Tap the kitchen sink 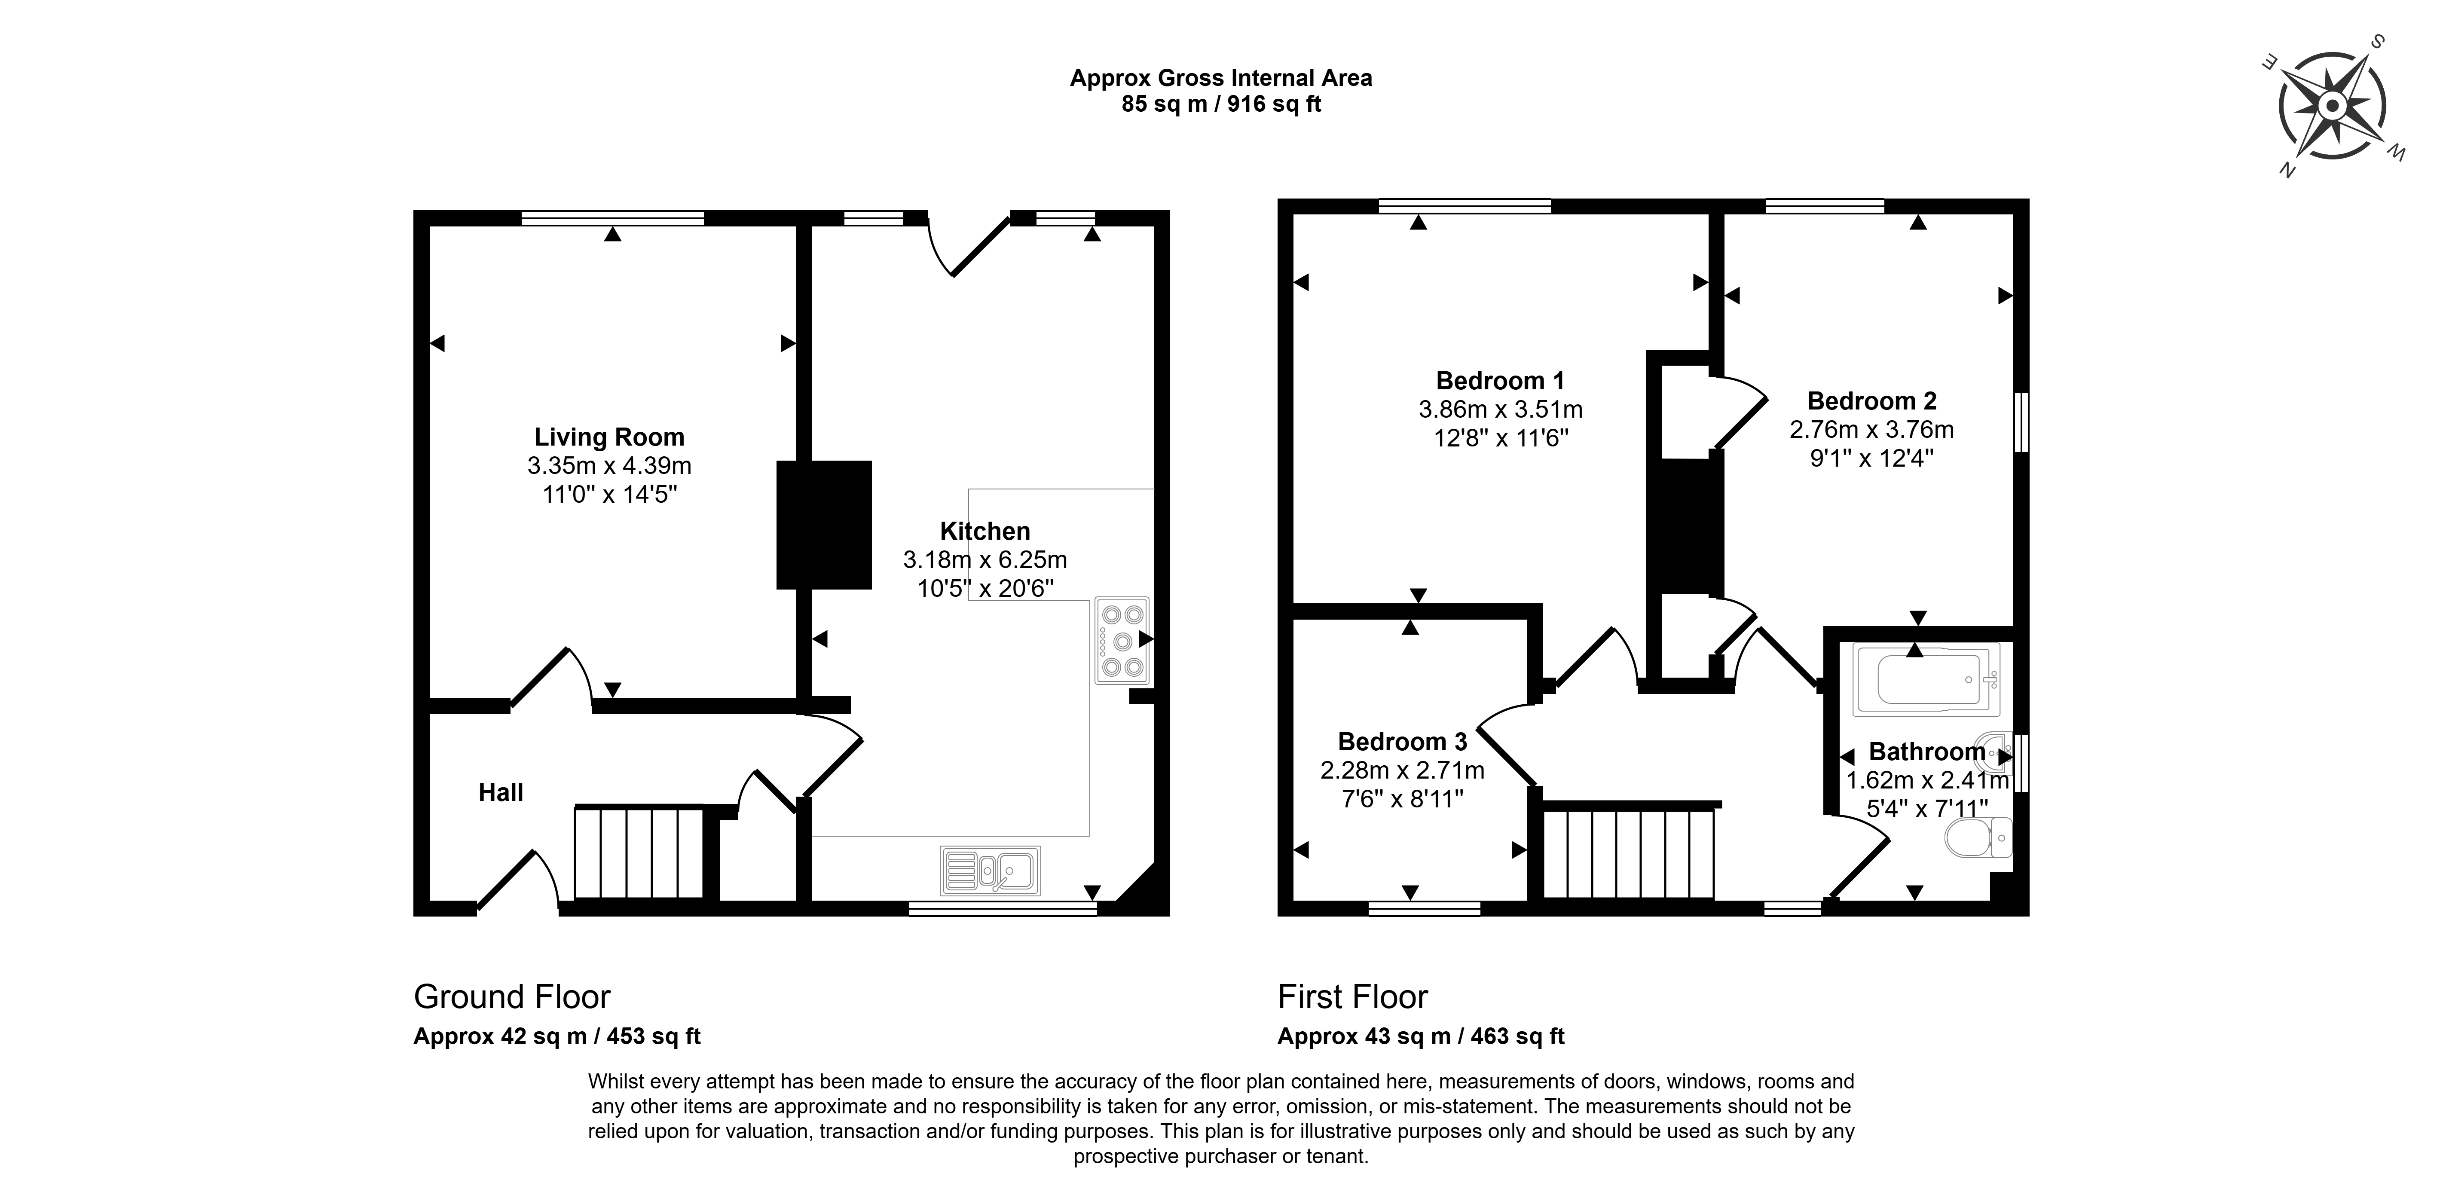(x=990, y=870)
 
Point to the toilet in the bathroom (x=1977, y=837)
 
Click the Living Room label (x=609, y=437)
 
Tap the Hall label (x=501, y=792)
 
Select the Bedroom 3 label (x=1403, y=741)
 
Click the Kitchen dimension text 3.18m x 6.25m (x=985, y=560)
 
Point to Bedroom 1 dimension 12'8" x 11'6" (x=1501, y=438)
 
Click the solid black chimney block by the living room (x=823, y=525)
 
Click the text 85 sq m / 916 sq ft (x=1221, y=104)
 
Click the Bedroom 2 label (x=1872, y=400)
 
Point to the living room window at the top (x=613, y=217)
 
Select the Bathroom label (x=1927, y=752)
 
